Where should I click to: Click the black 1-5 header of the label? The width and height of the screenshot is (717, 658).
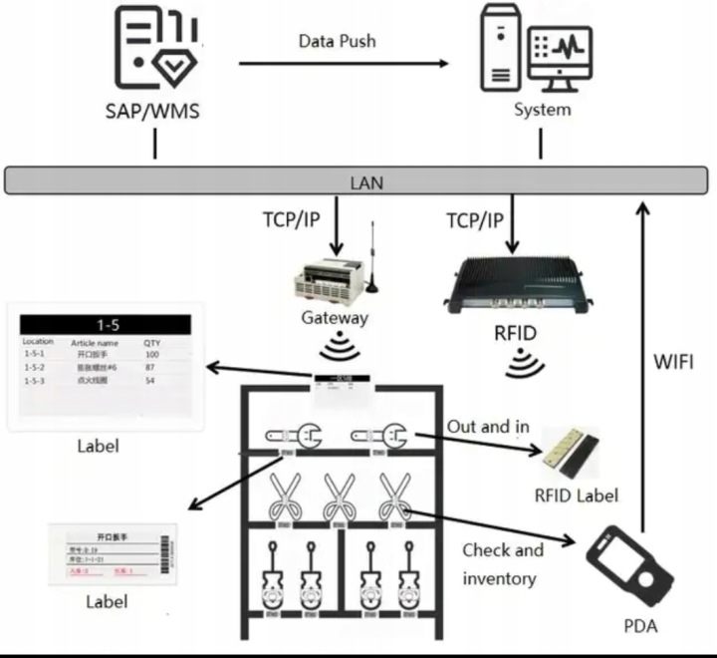click(107, 325)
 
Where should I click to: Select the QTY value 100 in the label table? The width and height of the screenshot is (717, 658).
click(152, 354)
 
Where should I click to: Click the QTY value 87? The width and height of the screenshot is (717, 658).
click(152, 368)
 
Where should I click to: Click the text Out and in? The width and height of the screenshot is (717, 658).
click(488, 426)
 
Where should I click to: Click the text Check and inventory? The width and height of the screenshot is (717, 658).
click(503, 563)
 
